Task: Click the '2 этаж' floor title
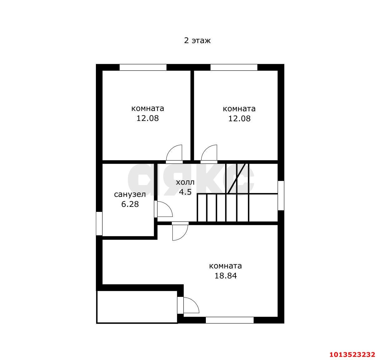click(x=197, y=41)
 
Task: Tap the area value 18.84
click(x=226, y=276)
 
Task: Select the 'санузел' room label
click(x=130, y=194)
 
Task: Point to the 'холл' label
click(x=185, y=182)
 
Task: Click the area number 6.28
click(x=130, y=204)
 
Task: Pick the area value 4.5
click(x=185, y=192)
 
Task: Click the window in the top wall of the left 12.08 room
click(x=143, y=67)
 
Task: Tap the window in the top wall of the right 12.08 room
click(x=234, y=67)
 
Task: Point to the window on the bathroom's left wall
click(x=99, y=223)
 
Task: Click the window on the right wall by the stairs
click(x=281, y=195)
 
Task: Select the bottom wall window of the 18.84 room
click(x=230, y=320)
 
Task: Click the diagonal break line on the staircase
click(x=236, y=178)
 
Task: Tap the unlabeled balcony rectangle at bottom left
click(x=137, y=307)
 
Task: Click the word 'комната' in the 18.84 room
click(x=226, y=266)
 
